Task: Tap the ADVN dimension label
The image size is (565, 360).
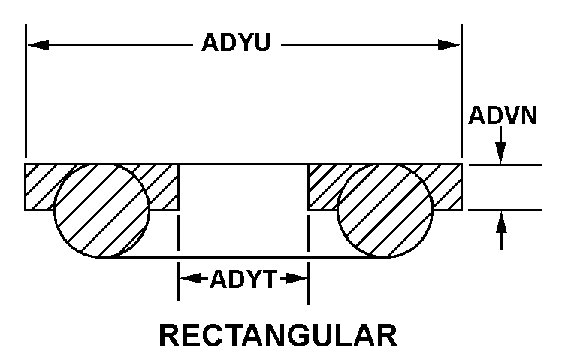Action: [x=503, y=116]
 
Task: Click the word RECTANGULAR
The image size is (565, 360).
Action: [x=278, y=335]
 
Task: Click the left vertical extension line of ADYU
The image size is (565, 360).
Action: [x=26, y=98]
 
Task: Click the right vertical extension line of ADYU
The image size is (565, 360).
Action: [x=461, y=98]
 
